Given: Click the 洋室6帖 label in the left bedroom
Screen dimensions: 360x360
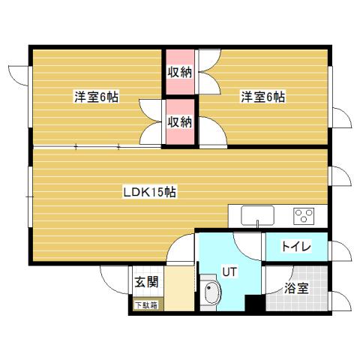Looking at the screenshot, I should [95, 97].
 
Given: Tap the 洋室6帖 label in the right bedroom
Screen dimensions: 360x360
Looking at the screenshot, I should [262, 97].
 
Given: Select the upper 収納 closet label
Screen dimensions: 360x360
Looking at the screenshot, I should [180, 73].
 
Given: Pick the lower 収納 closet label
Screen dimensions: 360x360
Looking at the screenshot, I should [180, 121].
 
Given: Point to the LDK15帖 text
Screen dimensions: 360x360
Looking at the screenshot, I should [149, 191].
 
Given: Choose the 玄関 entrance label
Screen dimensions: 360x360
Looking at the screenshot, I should [145, 283].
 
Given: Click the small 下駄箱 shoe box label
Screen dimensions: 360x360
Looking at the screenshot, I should [145, 304].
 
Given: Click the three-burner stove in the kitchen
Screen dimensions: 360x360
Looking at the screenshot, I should [304, 216].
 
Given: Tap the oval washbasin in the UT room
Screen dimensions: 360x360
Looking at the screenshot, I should [211, 295].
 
